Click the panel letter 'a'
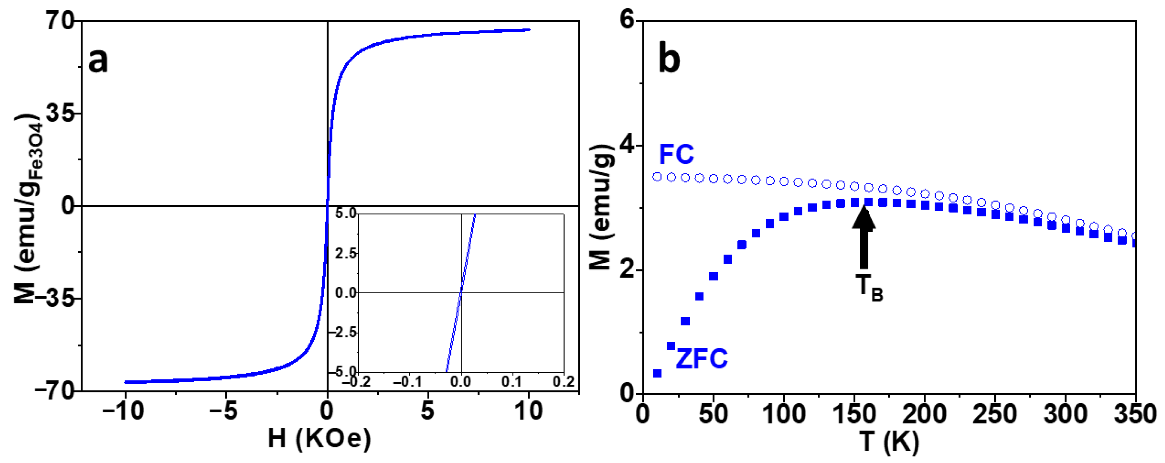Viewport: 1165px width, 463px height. coord(98,61)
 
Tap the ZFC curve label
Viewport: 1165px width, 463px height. coord(701,358)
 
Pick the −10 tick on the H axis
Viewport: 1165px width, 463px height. coord(123,411)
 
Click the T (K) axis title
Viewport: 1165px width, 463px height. coord(889,441)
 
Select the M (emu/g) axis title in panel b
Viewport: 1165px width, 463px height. coord(601,207)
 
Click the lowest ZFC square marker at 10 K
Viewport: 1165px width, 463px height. coord(657,373)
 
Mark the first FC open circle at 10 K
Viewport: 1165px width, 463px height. coord(657,177)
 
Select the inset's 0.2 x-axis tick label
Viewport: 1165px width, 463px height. coord(563,382)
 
